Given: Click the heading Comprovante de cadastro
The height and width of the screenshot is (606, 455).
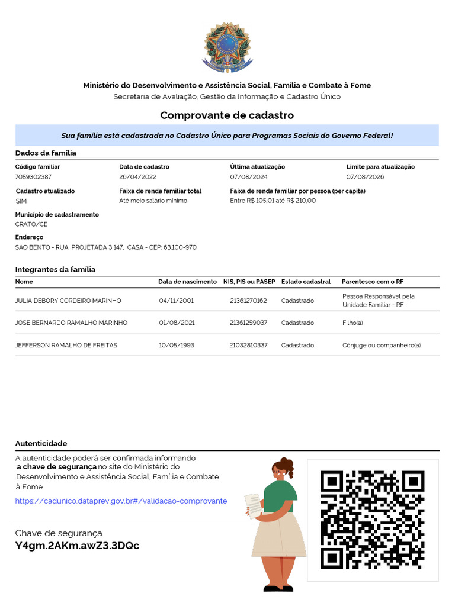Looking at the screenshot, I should [227, 115].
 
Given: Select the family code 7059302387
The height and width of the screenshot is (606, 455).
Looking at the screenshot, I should [33, 177].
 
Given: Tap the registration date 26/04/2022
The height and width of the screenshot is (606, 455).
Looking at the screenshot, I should [137, 177].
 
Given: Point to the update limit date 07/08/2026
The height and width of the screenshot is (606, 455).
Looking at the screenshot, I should [365, 177].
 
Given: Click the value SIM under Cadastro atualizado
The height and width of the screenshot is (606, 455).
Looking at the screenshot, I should [21, 201].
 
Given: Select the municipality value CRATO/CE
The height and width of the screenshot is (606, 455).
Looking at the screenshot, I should [31, 224].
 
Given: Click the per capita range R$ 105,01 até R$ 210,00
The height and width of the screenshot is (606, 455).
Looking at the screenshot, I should [273, 201].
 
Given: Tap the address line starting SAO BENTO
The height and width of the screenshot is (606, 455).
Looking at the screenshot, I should [105, 247].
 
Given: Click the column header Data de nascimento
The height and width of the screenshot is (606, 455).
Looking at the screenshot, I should [187, 282].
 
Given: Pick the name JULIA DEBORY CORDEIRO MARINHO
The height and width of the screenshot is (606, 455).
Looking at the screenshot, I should [68, 301].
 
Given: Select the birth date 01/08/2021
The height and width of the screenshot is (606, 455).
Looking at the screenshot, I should [177, 323].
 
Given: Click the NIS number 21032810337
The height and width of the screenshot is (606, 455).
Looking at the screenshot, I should [248, 345].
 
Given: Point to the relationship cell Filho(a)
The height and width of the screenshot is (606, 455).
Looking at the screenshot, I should [353, 323].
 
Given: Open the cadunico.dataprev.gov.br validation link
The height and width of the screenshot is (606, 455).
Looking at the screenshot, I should [121, 501].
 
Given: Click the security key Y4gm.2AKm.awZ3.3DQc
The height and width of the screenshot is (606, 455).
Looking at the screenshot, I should [77, 546].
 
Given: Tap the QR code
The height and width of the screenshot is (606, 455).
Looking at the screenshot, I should [373, 520].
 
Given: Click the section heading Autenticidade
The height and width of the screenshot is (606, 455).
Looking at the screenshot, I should [41, 443].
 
